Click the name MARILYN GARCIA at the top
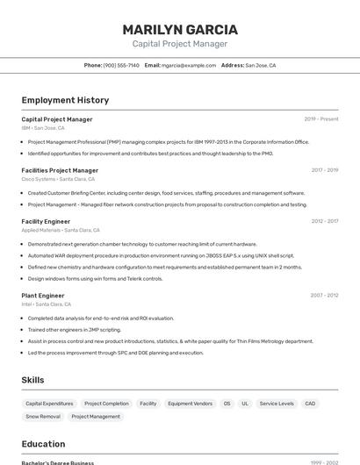point(180,30)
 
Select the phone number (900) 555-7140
point(121,65)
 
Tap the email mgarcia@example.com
point(189,65)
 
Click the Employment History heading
point(65,101)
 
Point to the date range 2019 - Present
point(321,119)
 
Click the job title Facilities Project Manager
point(60,170)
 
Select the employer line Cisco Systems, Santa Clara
point(58,179)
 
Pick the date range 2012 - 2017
point(324,222)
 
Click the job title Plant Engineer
point(43,296)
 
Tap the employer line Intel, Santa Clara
point(47,304)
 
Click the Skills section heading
point(33,380)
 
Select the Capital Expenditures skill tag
point(49,404)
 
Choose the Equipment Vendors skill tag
point(190,404)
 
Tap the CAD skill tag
point(310,404)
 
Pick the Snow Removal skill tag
point(43,417)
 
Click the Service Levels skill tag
point(277,404)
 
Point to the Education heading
point(44,444)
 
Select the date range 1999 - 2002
point(324,462)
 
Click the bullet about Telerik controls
point(95,279)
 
